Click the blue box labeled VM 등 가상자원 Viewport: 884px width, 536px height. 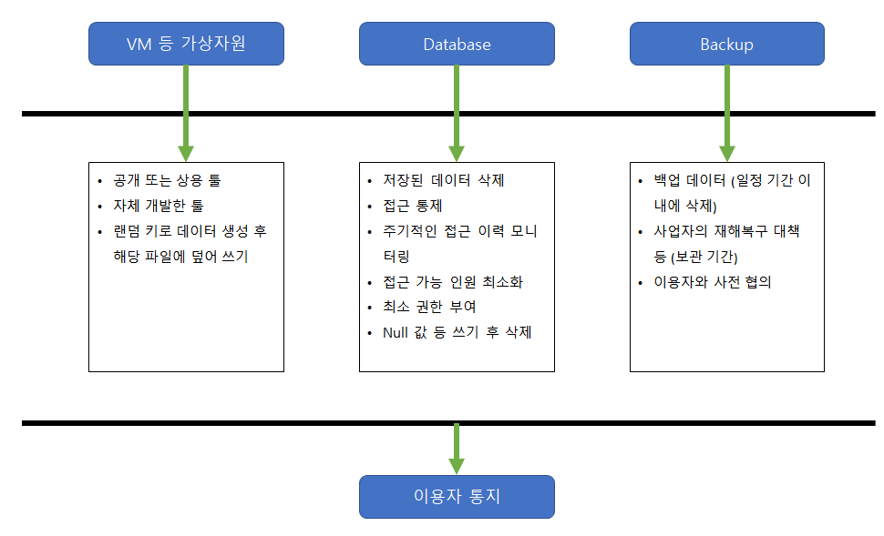(186, 44)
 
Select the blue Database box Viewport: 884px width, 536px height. (457, 44)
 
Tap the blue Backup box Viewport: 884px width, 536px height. (726, 44)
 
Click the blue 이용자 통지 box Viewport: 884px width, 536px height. (457, 497)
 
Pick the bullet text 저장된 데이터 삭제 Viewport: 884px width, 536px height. (443, 180)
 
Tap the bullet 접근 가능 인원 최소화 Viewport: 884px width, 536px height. (453, 282)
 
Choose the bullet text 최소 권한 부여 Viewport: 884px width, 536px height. (429, 307)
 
